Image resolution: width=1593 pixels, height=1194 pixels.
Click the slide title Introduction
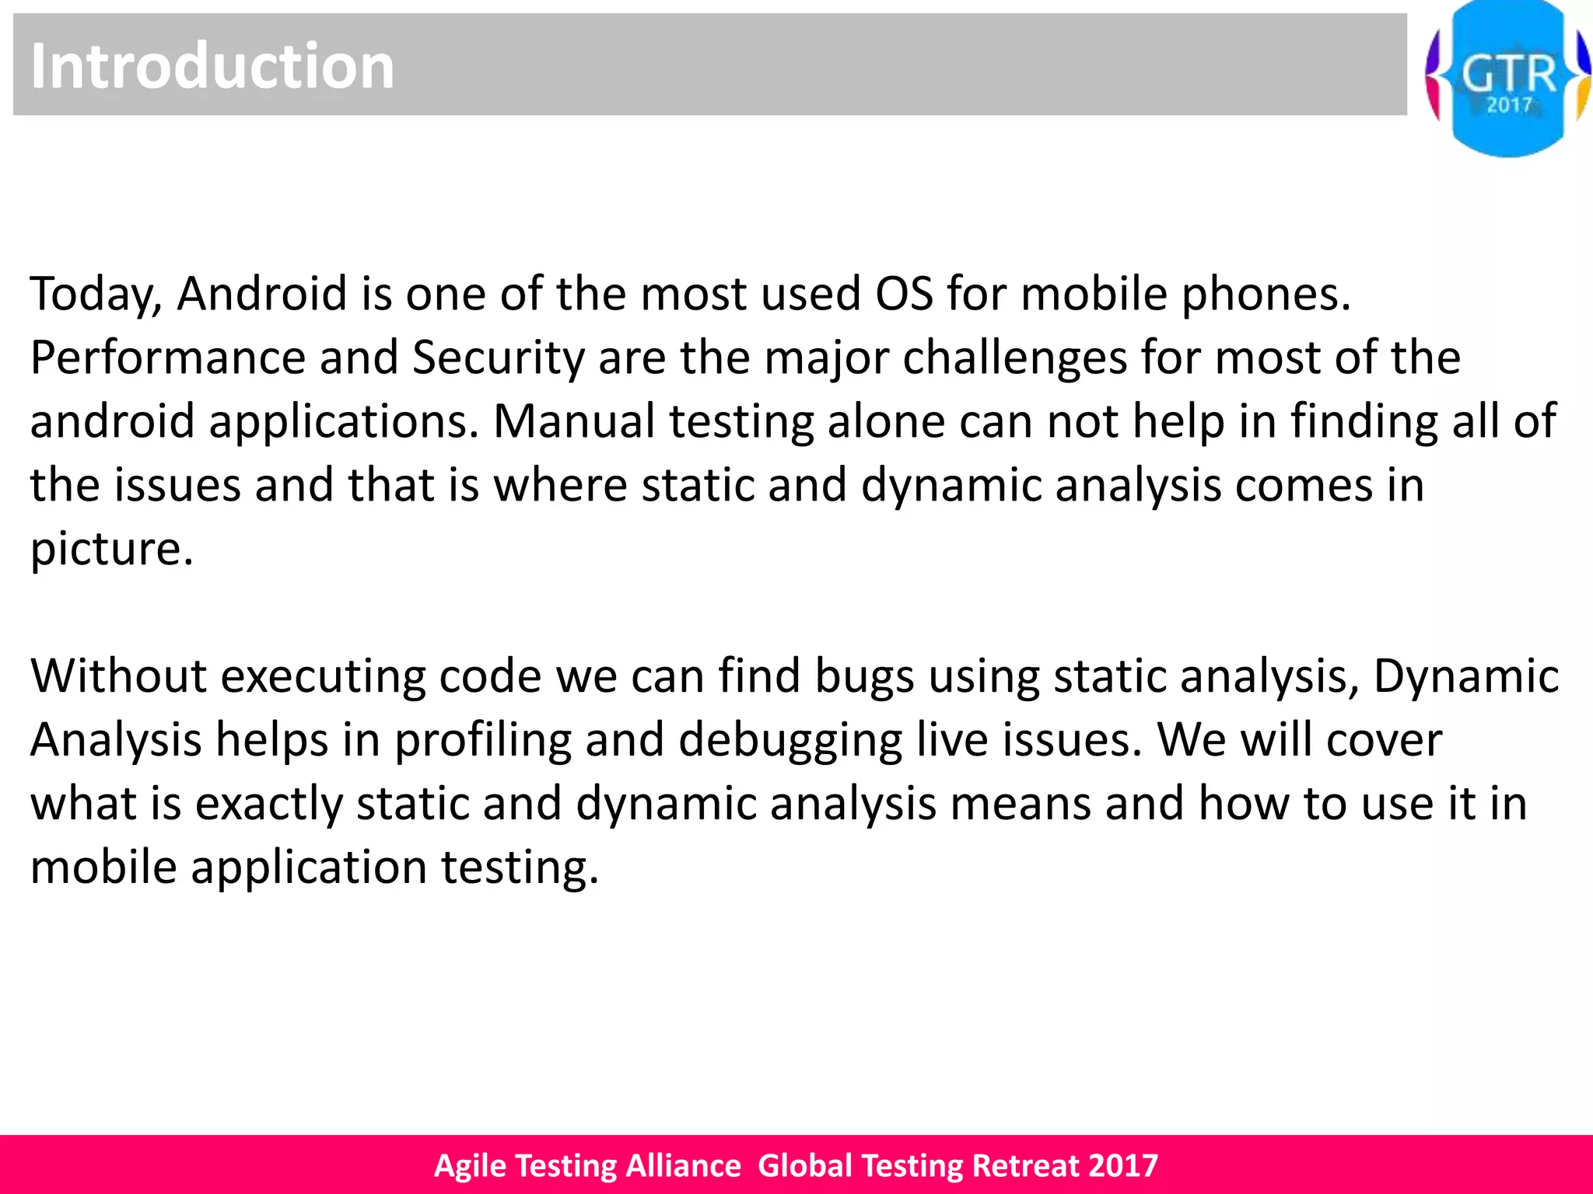pyautogui.click(x=212, y=66)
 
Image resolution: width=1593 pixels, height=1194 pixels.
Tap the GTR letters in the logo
pyautogui.click(x=1508, y=74)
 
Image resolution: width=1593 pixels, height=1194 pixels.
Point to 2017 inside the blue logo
pyautogui.click(x=1509, y=105)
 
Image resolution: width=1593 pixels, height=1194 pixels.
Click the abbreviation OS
pyautogui.click(x=904, y=294)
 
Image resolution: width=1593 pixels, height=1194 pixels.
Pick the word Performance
pyautogui.click(x=167, y=358)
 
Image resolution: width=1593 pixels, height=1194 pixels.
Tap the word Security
pyautogui.click(x=498, y=358)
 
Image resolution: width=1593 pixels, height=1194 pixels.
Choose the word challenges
pyautogui.click(x=1014, y=358)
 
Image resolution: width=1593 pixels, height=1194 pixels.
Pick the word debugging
pyautogui.click(x=790, y=740)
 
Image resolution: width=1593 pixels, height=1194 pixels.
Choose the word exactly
pyautogui.click(x=268, y=804)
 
